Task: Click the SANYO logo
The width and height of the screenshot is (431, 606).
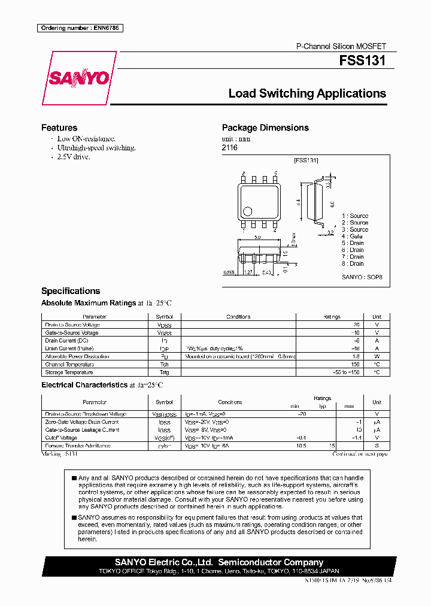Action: (x=78, y=77)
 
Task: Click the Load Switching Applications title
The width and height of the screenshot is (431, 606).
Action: (x=307, y=93)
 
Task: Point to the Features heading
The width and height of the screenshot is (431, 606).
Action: (x=59, y=128)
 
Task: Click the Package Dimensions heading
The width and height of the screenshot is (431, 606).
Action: (x=265, y=128)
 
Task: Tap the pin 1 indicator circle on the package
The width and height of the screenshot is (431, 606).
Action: (x=247, y=210)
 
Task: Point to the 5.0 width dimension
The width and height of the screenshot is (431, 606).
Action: (x=257, y=238)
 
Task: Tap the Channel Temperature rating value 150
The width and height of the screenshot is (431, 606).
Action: (x=354, y=364)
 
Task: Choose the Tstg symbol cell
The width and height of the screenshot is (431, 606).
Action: (x=164, y=372)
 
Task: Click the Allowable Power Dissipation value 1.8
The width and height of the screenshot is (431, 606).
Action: (x=356, y=356)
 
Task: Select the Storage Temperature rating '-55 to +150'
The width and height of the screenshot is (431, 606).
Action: (x=347, y=372)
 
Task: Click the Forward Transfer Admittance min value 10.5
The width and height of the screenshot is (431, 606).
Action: (x=301, y=446)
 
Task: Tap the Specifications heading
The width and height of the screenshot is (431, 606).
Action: (x=71, y=291)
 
